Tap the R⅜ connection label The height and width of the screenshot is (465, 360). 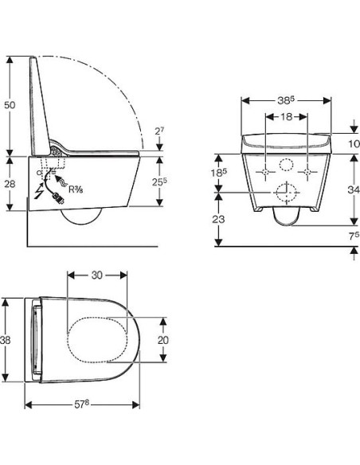pos(77,190)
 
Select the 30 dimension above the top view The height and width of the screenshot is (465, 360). pos(97,275)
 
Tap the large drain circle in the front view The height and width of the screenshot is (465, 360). pos(285,193)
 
